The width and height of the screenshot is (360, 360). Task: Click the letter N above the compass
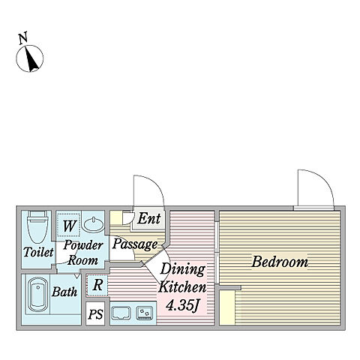click(23, 38)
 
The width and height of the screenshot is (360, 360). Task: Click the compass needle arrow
click(31, 59)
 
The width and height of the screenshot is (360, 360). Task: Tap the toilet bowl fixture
click(37, 226)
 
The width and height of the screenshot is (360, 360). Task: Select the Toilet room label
click(38, 252)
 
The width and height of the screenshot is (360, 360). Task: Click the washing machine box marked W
click(68, 225)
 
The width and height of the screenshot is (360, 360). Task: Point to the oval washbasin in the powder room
click(93, 223)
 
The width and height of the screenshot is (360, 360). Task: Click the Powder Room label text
click(83, 253)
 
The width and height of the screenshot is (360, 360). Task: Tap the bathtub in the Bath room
click(38, 294)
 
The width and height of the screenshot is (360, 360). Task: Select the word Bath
click(64, 292)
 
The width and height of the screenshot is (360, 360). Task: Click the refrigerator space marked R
click(97, 286)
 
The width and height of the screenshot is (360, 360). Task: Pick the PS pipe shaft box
click(95, 313)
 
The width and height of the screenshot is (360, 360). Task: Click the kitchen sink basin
click(121, 313)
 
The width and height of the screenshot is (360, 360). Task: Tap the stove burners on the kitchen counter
click(145, 313)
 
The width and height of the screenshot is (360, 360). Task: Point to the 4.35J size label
click(182, 305)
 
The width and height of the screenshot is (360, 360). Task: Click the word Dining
click(182, 269)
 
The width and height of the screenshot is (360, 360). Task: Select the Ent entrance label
click(149, 218)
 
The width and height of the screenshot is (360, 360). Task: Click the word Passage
click(135, 244)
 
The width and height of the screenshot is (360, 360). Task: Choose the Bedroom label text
click(280, 262)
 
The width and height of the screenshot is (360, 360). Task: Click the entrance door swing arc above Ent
click(155, 184)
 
